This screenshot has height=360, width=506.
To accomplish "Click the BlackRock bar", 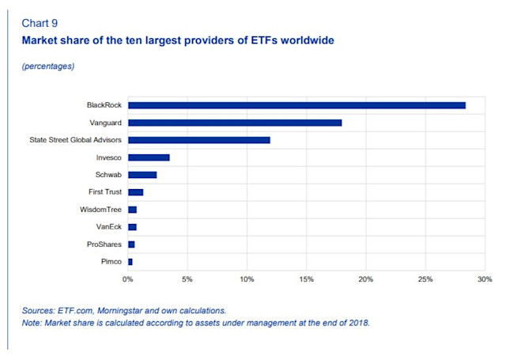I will [x=296, y=105].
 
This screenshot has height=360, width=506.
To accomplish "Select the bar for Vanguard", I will [x=235, y=123].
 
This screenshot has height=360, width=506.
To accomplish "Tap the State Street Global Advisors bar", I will [x=199, y=140].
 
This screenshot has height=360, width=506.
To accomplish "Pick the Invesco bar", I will [x=149, y=157].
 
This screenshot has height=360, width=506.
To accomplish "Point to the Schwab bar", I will [x=142, y=175].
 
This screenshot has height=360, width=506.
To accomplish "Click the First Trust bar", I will [x=135, y=192].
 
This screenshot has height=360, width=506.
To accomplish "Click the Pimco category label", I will [x=110, y=261].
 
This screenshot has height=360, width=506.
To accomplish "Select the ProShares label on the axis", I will [x=104, y=244].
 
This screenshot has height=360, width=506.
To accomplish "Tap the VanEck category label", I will [x=108, y=227].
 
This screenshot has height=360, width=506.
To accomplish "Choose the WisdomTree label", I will [x=102, y=210].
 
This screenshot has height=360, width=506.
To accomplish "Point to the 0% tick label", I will [x=128, y=279].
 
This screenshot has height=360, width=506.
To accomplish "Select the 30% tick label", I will [x=485, y=279].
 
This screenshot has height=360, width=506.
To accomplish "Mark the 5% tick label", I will [x=187, y=279].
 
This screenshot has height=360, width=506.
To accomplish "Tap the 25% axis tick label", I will [x=425, y=279].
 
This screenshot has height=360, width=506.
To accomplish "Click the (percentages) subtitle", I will [x=48, y=66].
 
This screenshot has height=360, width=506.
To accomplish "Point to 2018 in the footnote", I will [x=358, y=323].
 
